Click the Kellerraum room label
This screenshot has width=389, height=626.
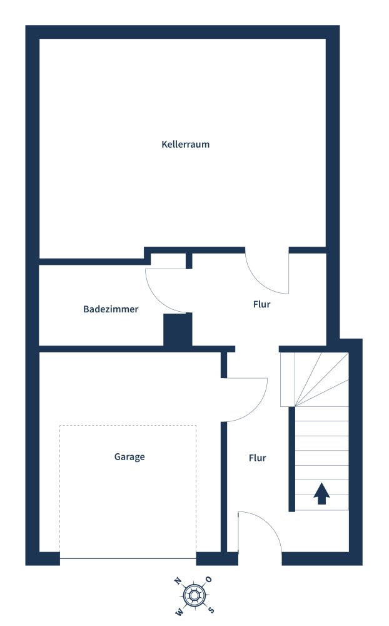click(x=185, y=144)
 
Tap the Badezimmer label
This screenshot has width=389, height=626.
click(x=111, y=309)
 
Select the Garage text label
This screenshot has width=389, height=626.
click(x=129, y=457)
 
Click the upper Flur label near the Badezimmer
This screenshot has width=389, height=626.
click(x=261, y=305)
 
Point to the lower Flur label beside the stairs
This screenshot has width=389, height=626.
click(x=257, y=458)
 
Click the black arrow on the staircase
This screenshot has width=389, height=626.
click(x=321, y=493)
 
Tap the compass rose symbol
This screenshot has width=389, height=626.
click(x=194, y=595)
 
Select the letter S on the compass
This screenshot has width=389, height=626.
click(x=211, y=610)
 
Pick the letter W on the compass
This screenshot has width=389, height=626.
click(x=179, y=610)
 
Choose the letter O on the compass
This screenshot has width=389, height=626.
click(x=210, y=580)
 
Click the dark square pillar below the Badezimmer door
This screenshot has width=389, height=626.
click(x=178, y=329)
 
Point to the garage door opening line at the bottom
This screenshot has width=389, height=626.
click(x=128, y=558)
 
